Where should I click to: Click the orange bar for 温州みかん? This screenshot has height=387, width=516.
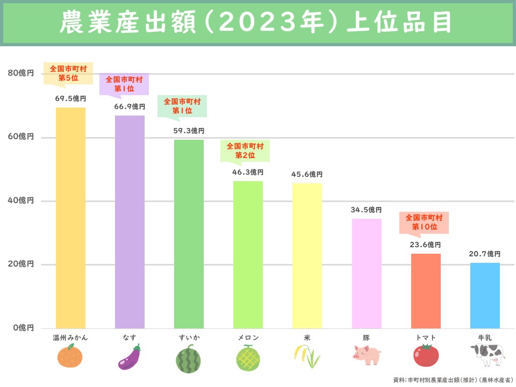pos(70,218)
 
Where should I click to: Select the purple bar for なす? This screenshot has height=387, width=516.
pos(130,221)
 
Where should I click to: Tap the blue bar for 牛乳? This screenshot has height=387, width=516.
pos(485,295)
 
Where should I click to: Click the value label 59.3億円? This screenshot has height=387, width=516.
pos(189,131)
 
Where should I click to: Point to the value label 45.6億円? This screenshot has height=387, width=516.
pos(307,174)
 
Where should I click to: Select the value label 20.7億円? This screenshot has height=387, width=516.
pos(485,254)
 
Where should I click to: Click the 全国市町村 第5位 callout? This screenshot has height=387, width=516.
pos(68,73)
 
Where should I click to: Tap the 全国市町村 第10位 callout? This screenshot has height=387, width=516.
pos(424,222)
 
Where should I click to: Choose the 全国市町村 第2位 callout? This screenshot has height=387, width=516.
pos(245,150)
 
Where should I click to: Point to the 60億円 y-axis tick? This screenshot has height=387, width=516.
pos(21,137)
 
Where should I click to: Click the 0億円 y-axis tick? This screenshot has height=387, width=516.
pos(23,327)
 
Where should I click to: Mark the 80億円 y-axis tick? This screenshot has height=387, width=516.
pos(21,73)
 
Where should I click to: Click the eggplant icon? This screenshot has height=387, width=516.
pos(130,357)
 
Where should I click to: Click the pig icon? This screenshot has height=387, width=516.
pos(367,355)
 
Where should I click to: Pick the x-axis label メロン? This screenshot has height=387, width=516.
pos(248,338)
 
